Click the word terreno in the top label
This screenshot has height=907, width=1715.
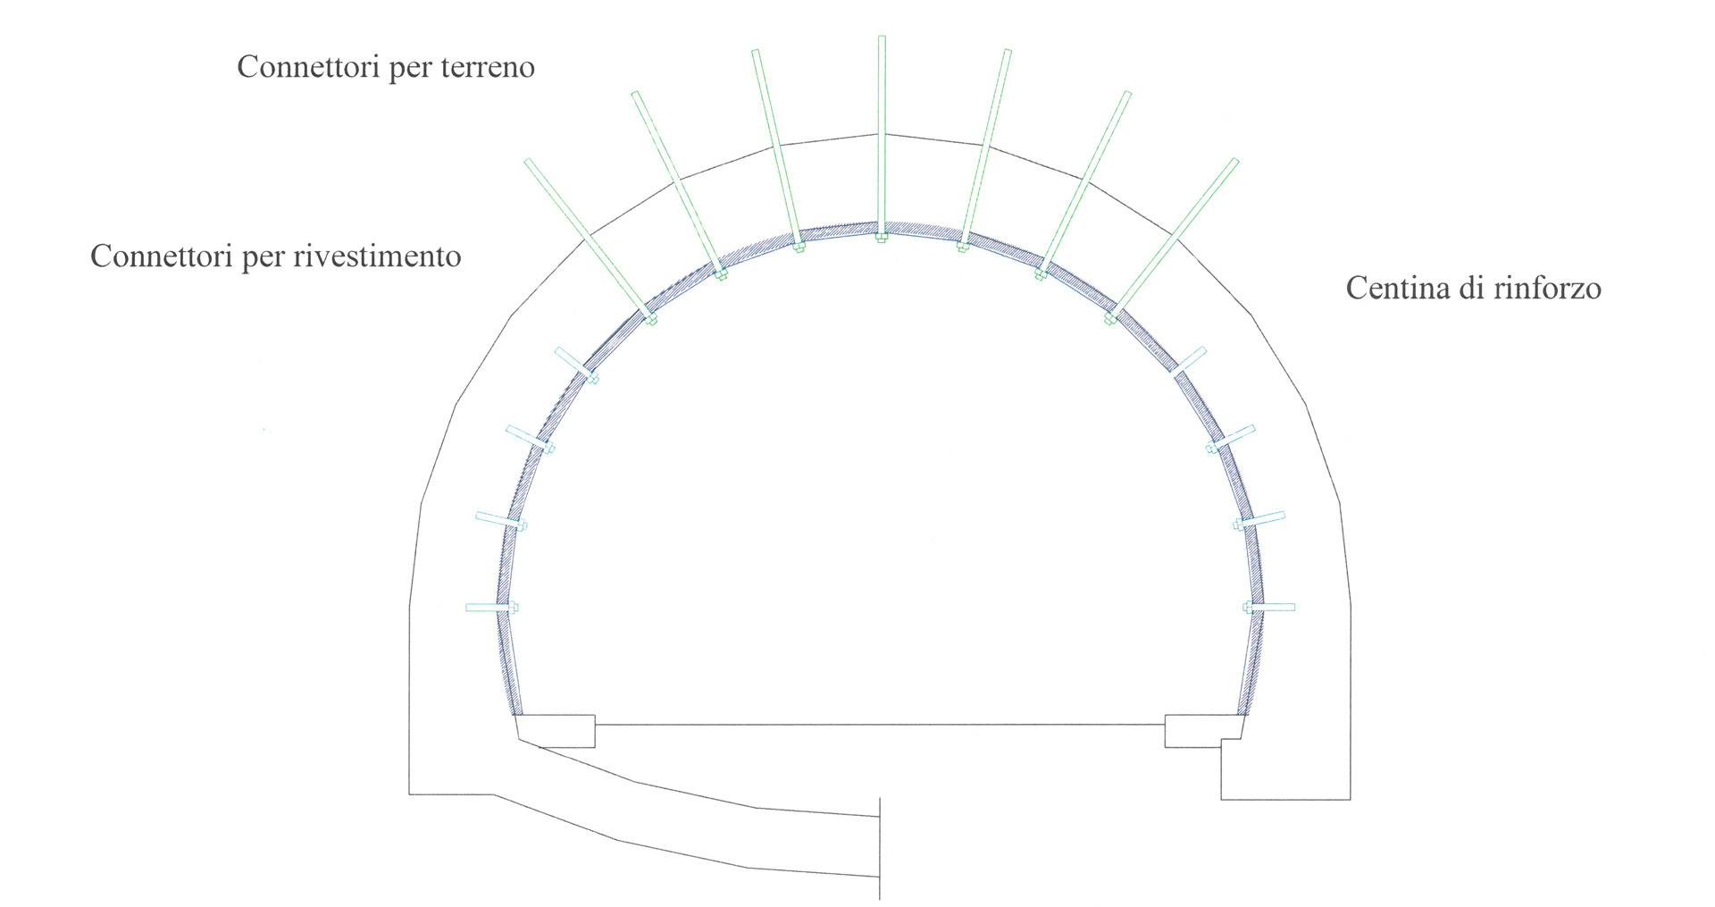[x=487, y=67]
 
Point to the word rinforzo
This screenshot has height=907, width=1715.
[x=1550, y=288]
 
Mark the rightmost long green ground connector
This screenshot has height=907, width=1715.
[x=1174, y=239]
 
